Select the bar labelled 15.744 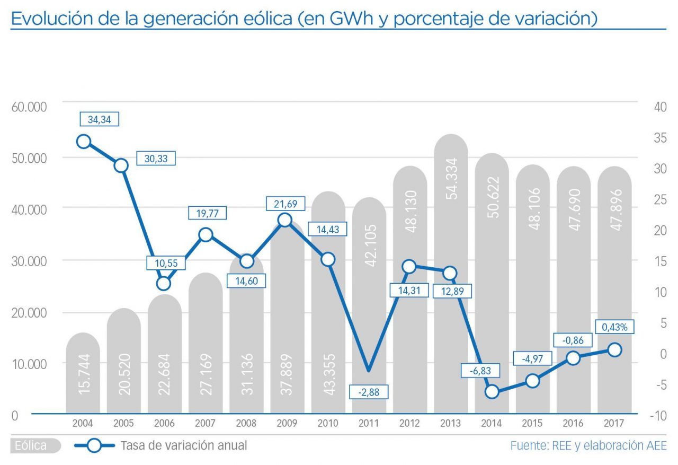tap(83, 374)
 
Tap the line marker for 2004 tap(84, 141)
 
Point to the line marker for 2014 tap(492, 392)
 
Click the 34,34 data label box tap(99, 119)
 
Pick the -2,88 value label tap(369, 392)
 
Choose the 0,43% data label tap(614, 327)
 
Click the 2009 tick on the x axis tap(287, 424)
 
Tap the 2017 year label tap(614, 424)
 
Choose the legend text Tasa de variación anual tap(184, 446)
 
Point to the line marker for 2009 tap(285, 220)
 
